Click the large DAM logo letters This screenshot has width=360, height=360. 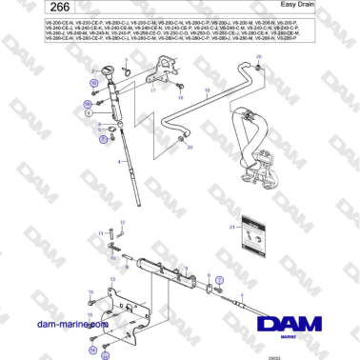point(289,319)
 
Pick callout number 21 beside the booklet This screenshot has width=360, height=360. point(234,228)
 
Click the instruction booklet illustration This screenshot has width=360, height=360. point(253,233)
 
